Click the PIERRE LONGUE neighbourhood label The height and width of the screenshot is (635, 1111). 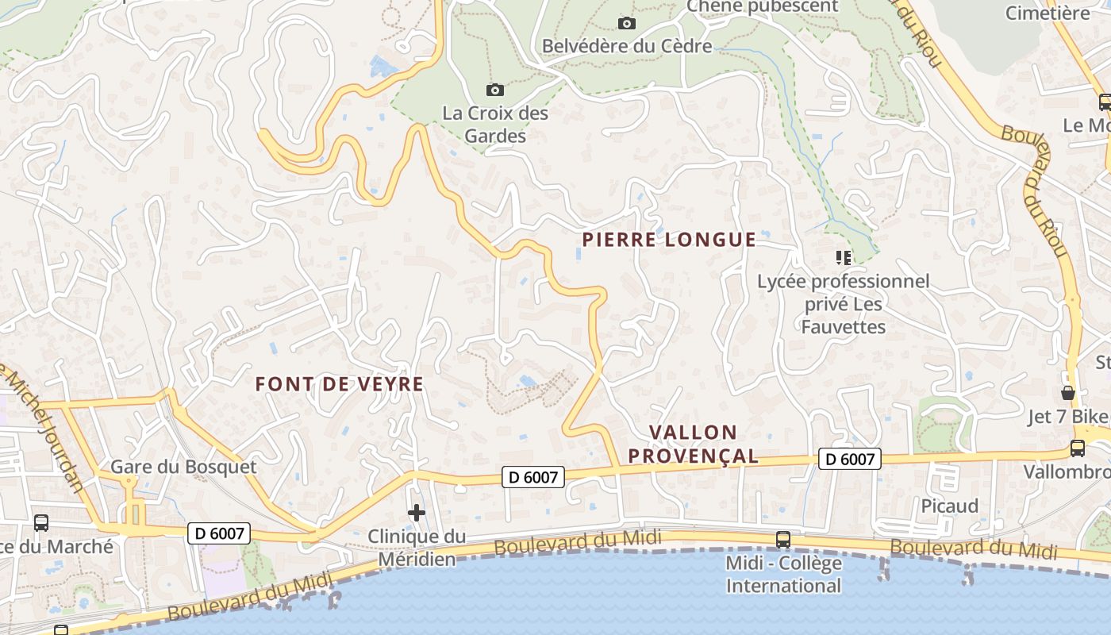click(x=669, y=240)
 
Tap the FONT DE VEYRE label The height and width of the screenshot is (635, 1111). click(x=339, y=384)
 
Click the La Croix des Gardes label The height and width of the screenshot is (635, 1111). click(x=495, y=125)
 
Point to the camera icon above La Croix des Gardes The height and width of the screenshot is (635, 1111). click(x=494, y=90)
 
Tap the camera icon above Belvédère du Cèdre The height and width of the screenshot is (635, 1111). click(x=627, y=23)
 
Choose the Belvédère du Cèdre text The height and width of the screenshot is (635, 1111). click(x=627, y=46)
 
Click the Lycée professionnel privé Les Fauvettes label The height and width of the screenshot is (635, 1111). click(x=843, y=304)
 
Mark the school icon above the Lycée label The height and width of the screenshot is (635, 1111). click(x=843, y=257)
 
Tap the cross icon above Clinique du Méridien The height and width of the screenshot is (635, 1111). click(x=417, y=513)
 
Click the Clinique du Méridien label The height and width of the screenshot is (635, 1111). click(x=417, y=548)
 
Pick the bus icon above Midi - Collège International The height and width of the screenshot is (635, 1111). click(x=783, y=539)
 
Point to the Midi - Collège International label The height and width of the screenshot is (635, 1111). click(x=783, y=575)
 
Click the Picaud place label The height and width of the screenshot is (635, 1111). click(x=950, y=506)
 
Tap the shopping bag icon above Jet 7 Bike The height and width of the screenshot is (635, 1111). click(x=1068, y=393)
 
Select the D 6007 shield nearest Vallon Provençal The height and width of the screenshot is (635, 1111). click(x=850, y=459)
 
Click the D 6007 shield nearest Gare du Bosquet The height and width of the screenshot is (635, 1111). click(x=219, y=533)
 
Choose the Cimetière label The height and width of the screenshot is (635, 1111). click(x=1048, y=13)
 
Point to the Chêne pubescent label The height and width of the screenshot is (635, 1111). click(x=762, y=6)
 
